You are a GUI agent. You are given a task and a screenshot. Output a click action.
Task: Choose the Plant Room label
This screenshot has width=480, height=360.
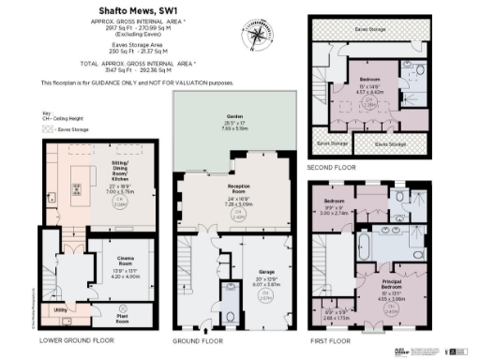pyautogui.click(x=119, y=319)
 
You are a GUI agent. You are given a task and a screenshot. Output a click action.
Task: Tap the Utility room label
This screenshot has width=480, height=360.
pyautogui.click(x=59, y=307)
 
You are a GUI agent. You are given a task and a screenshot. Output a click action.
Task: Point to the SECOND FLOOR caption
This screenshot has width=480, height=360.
pyautogui.click(x=331, y=167)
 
